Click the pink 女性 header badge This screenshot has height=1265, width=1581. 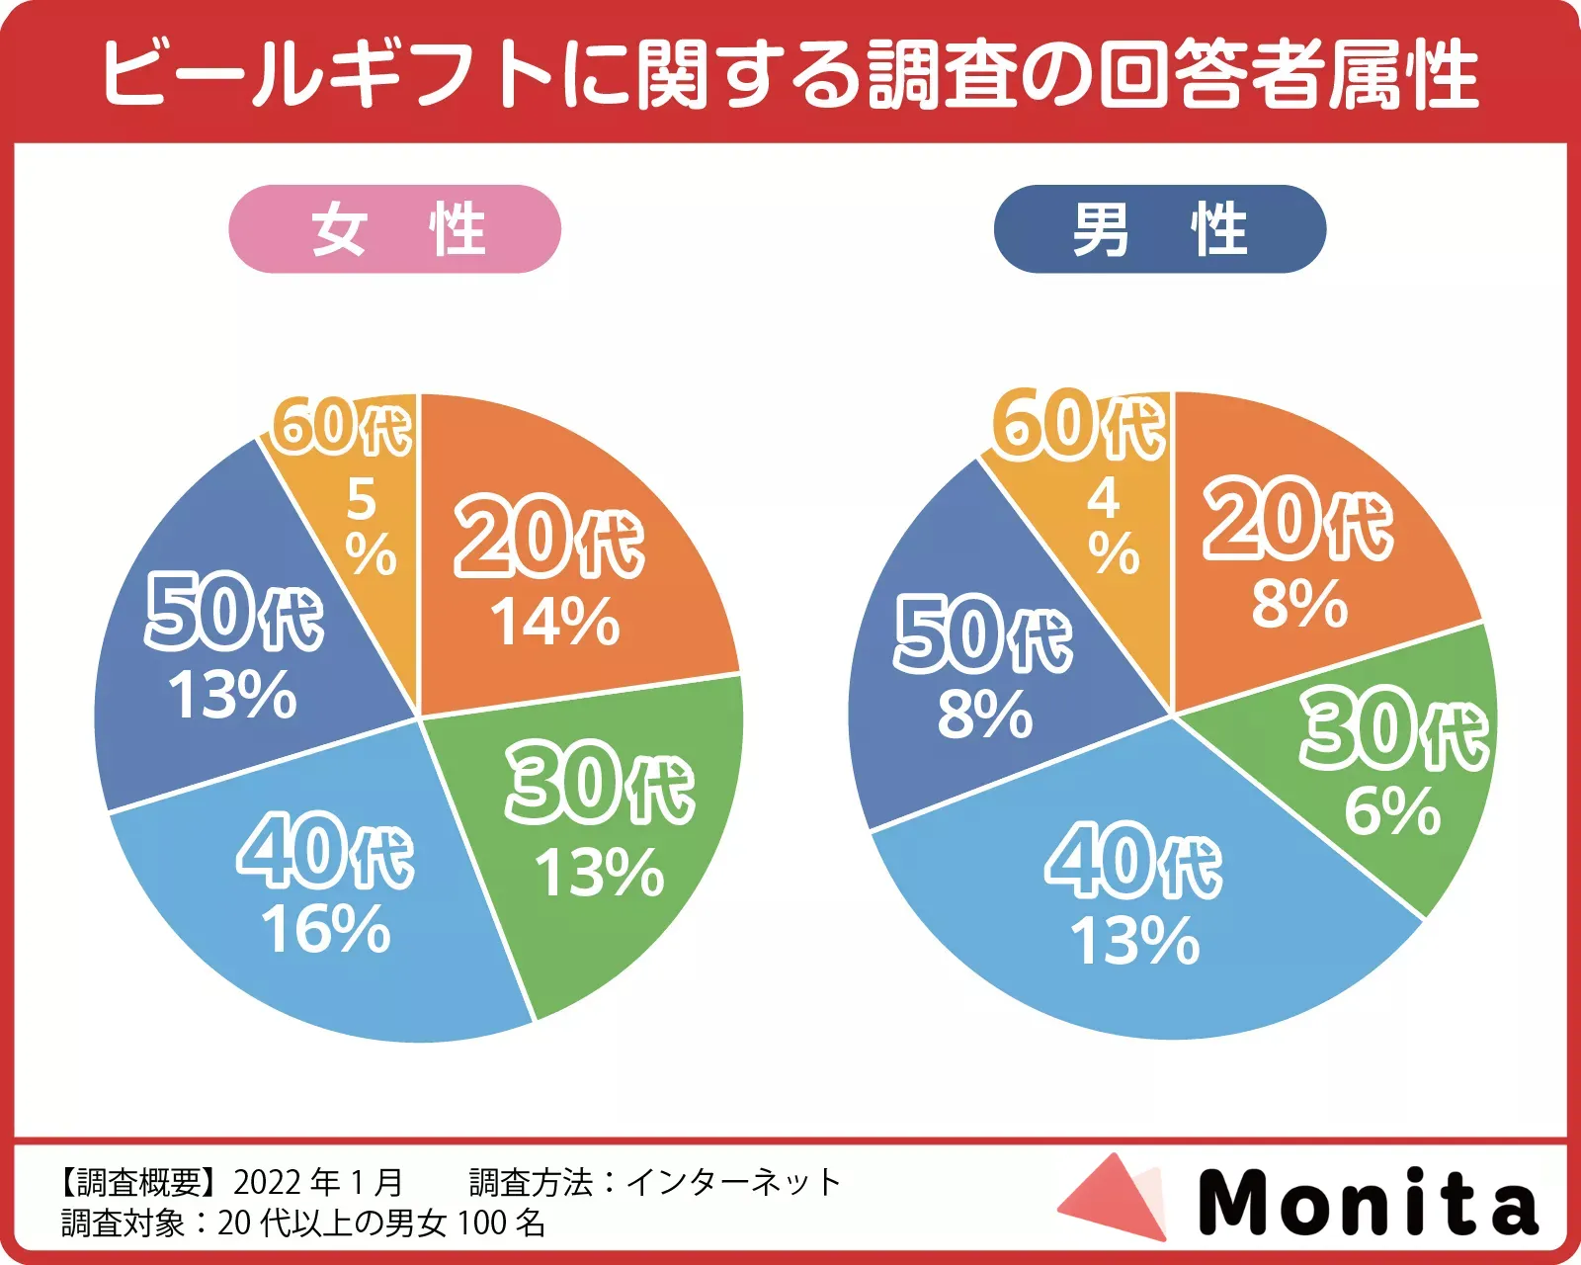395,229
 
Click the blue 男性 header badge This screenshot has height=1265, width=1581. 1159,229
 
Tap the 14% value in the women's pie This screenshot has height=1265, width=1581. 555,623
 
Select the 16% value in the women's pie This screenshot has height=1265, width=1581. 326,929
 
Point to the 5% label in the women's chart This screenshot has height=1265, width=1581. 370,527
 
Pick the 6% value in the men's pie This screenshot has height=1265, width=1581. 1391,811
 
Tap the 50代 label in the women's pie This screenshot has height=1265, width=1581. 235,614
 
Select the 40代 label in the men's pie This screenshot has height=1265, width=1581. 1133,863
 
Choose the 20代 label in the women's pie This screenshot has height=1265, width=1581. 548,540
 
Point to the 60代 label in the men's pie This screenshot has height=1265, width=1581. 1079,425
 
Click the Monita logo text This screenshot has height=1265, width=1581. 1369,1202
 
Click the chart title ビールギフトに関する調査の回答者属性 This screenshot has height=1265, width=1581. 790,73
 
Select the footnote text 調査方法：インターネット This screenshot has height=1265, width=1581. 654,1182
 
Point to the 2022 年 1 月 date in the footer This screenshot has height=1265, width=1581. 318,1182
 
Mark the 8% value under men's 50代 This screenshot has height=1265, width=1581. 985,715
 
